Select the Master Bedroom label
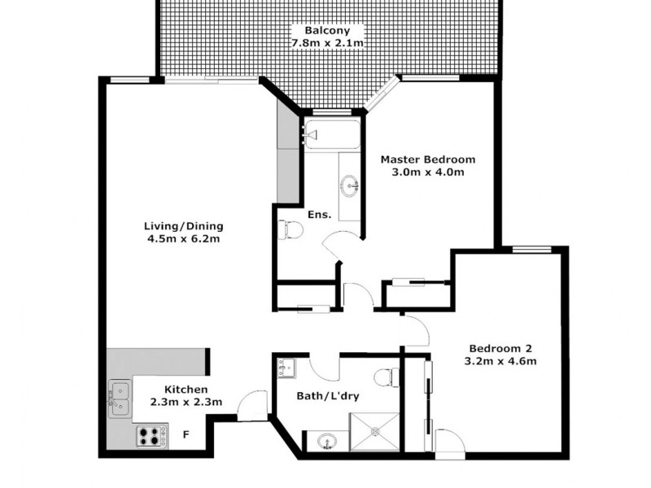[428, 159]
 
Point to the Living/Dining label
[184, 226]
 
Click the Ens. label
[319, 216]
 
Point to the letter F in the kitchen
[186, 434]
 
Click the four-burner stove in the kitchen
[151, 436]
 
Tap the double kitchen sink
[120, 398]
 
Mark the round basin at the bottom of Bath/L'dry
[327, 442]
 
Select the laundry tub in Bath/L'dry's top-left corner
[286, 370]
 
